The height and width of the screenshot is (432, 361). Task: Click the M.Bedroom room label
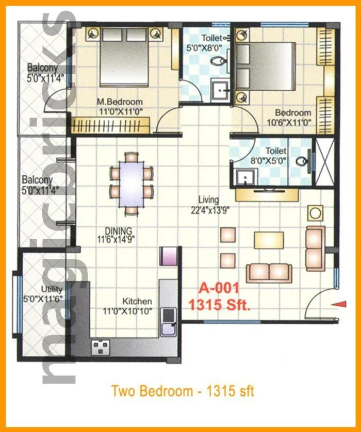120,102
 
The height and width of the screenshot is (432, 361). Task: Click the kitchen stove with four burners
101,347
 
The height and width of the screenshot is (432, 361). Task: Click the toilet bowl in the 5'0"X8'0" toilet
221,62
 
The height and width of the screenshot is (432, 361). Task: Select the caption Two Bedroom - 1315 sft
183,390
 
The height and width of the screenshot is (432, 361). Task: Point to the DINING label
119,230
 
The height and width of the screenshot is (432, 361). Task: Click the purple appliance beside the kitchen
169,256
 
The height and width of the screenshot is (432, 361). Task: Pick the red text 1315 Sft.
220,305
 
